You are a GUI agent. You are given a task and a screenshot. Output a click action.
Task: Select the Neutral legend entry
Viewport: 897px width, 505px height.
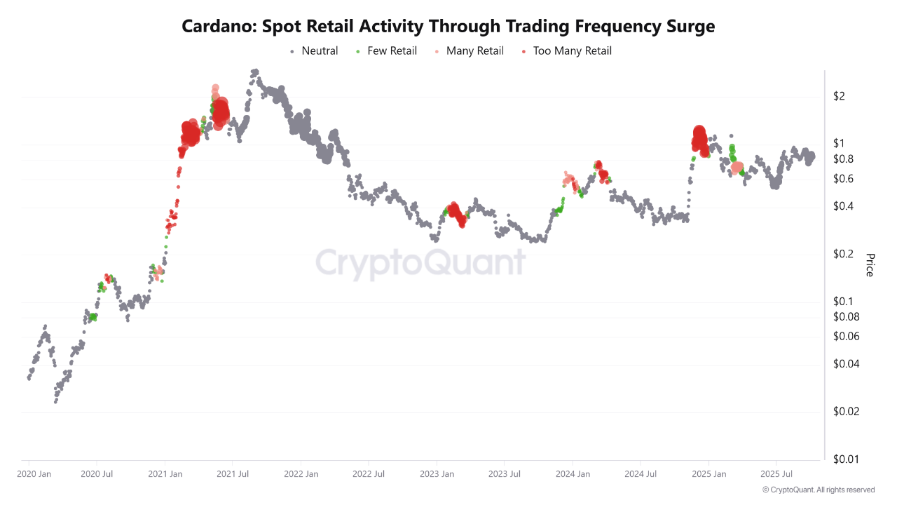(x=320, y=50)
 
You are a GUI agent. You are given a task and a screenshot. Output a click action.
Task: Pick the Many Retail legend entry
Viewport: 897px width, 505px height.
(x=474, y=50)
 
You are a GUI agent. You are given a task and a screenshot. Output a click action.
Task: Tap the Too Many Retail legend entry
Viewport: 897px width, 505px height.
(x=572, y=50)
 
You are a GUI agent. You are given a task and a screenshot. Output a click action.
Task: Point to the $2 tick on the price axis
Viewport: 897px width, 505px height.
(x=838, y=96)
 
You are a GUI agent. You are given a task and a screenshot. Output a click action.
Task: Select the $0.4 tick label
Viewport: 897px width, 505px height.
(x=842, y=206)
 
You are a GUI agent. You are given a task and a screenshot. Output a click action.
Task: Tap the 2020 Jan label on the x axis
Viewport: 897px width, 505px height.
(x=34, y=474)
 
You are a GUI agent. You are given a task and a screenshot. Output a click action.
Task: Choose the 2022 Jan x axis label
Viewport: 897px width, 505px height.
(x=301, y=474)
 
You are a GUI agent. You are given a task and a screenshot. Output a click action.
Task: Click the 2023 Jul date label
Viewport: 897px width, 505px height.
(x=504, y=474)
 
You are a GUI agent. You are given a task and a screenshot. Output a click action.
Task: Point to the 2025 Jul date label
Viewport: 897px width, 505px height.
(x=776, y=474)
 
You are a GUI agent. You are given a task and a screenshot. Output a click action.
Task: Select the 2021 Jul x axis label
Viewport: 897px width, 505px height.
(x=233, y=474)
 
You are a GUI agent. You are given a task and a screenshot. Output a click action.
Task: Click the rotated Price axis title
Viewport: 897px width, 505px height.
(x=870, y=265)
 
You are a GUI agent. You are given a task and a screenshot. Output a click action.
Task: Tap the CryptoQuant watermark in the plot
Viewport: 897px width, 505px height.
(x=420, y=262)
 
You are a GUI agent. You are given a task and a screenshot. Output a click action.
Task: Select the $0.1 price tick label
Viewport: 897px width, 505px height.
(x=842, y=302)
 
